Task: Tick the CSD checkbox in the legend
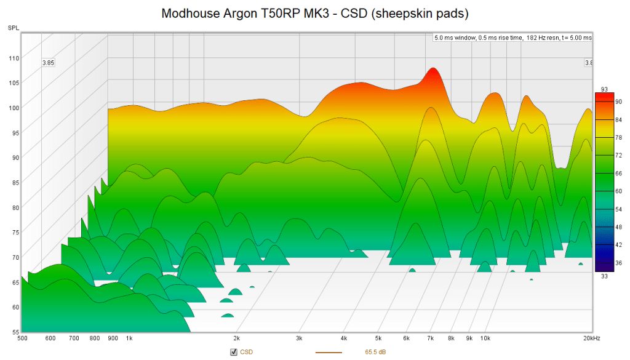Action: [234, 352]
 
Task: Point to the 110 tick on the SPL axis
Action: [13, 58]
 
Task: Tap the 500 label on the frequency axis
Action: [22, 338]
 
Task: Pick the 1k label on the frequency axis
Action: [129, 338]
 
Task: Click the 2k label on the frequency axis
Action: [236, 338]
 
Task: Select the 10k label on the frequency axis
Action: [485, 338]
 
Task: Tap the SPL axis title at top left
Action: [13, 28]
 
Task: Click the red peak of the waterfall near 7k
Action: [434, 73]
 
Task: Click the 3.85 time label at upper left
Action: [48, 63]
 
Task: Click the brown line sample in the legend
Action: [329, 353]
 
